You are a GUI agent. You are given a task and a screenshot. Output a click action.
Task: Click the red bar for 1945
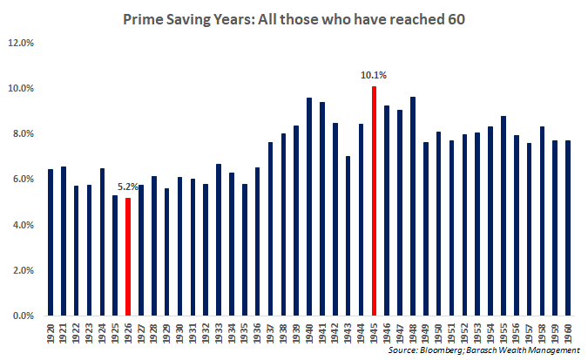374,200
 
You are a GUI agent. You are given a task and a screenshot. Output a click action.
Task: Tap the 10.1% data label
373,76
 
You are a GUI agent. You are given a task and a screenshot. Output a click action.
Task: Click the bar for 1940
309,207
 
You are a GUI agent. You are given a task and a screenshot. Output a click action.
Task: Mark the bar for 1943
348,235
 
